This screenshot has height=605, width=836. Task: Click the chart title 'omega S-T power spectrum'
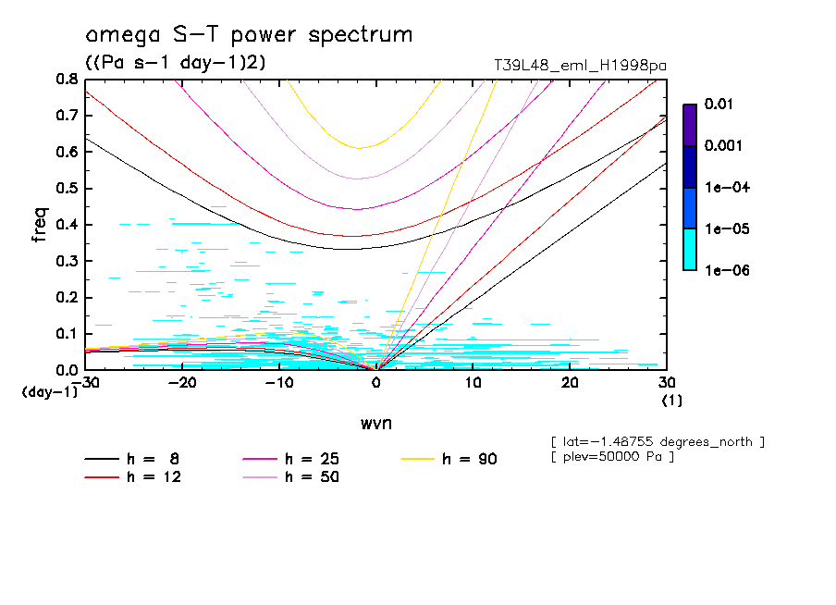coord(249,35)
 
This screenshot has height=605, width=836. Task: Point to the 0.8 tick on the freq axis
coord(67,80)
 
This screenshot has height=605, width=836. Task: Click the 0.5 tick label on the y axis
coord(67,189)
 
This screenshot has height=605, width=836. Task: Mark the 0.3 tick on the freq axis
coord(67,261)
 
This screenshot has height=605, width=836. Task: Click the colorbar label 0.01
coord(718,105)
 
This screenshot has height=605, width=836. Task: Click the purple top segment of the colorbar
coord(690,125)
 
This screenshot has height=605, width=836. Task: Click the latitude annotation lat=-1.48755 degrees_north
coord(657,441)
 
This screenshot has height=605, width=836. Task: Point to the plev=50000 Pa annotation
coord(611,457)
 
